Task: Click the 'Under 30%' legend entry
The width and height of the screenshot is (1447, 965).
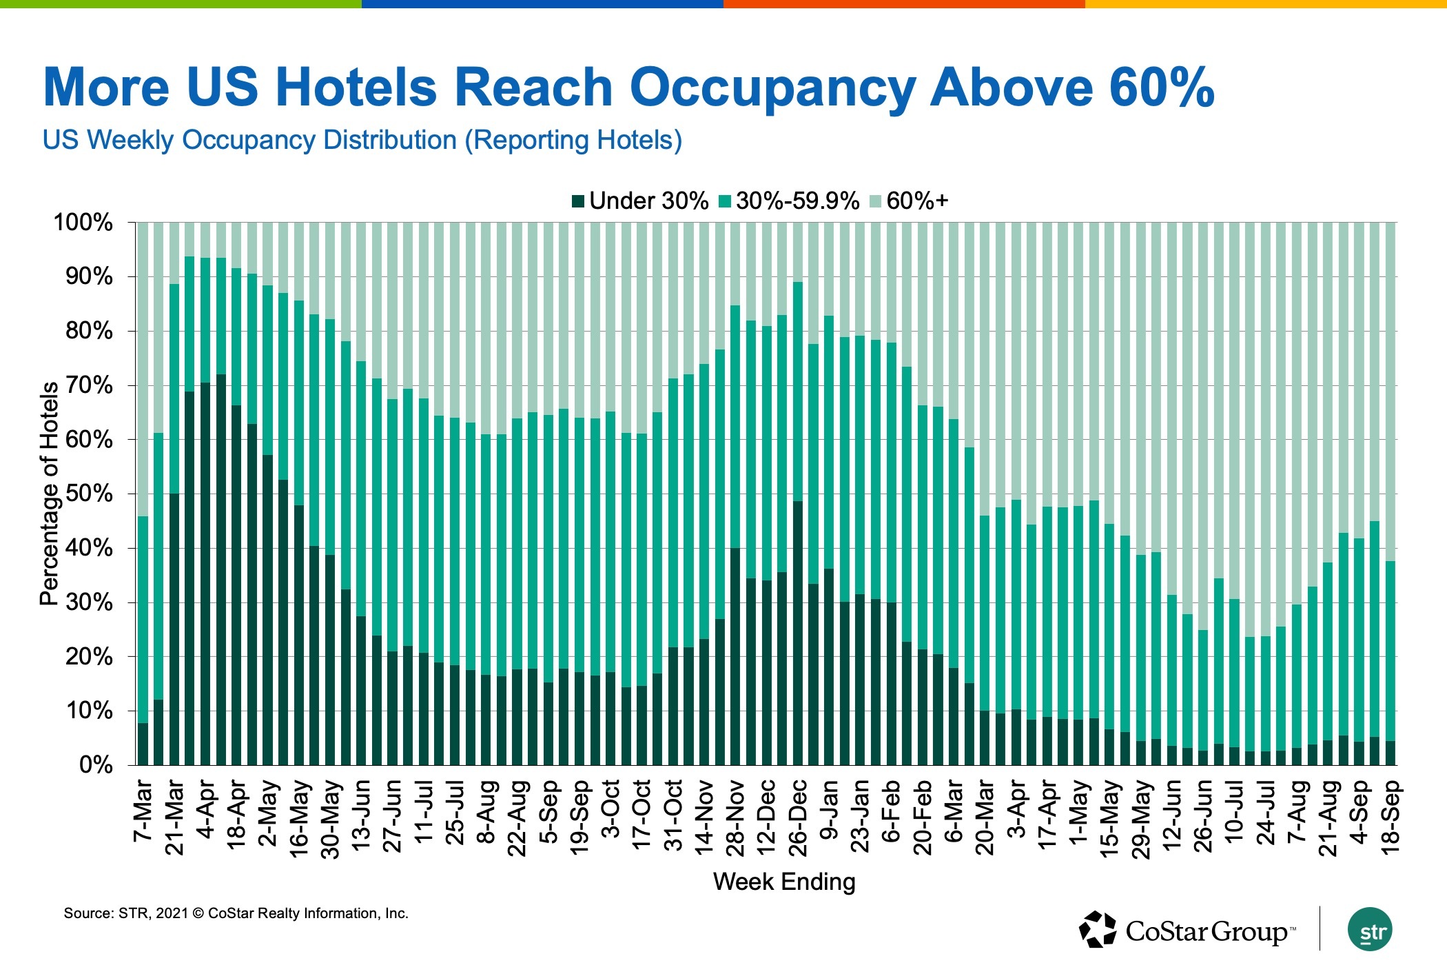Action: [640, 201]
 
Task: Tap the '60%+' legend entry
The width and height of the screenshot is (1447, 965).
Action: [910, 201]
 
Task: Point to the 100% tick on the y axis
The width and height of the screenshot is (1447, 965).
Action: [83, 223]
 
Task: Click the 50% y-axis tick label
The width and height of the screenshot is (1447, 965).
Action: [89, 494]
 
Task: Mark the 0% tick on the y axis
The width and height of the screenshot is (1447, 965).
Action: [96, 765]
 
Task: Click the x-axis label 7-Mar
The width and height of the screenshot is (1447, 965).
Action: [143, 811]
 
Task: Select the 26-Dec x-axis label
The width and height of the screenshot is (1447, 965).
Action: [798, 817]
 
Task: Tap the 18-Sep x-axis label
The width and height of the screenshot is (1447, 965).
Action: [1390, 817]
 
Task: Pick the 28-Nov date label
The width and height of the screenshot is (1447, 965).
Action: [736, 817]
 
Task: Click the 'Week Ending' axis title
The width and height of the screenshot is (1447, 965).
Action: [784, 882]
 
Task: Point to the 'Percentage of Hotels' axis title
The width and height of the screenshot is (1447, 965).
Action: [50, 494]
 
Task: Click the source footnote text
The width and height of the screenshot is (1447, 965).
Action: [236, 913]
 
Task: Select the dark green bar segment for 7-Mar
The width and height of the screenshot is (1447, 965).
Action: [143, 744]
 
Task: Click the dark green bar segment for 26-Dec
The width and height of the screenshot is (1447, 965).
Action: [798, 633]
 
